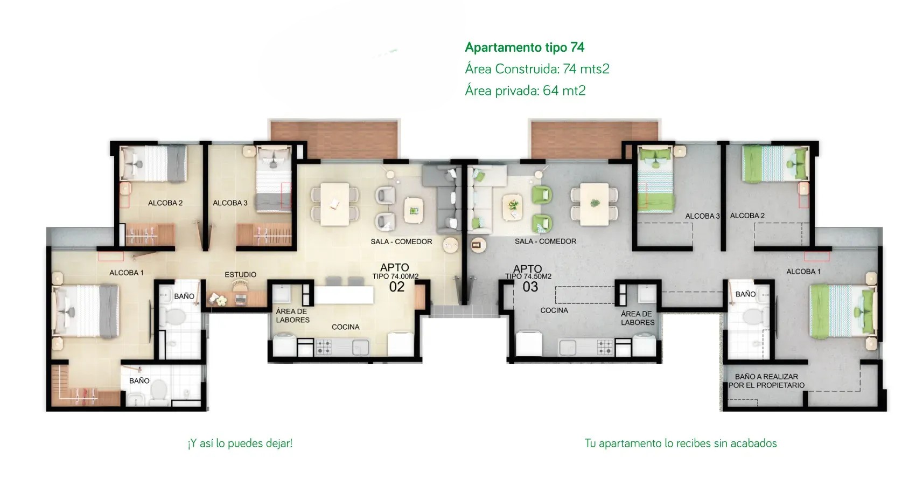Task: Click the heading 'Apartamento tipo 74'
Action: coord(525,47)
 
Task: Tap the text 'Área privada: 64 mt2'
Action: coord(525,91)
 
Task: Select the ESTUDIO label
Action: coord(241,275)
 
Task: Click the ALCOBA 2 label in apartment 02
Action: coord(165,203)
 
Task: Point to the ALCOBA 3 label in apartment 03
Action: coord(702,216)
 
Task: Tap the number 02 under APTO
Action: coord(397,287)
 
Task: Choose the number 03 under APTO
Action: coord(530,287)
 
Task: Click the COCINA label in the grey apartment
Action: coord(554,310)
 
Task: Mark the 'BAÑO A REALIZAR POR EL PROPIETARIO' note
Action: coord(766,381)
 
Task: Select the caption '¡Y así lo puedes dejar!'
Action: coord(240,444)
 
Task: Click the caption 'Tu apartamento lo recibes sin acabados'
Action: coord(681,444)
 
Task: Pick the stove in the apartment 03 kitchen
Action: coord(605,347)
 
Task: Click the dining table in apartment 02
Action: coord(334,204)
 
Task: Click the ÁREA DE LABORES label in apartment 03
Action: coord(638,318)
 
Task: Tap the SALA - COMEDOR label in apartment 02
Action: coord(401,242)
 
